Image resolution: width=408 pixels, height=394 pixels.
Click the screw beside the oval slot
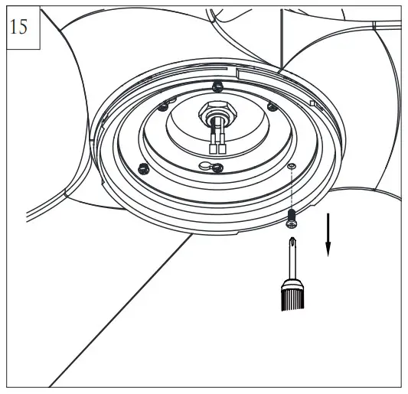tap(217, 168)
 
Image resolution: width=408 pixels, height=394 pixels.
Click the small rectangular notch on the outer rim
tap(314, 102)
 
